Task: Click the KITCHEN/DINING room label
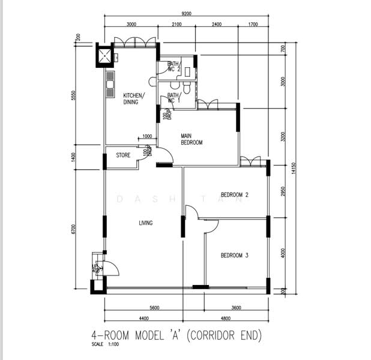pyautogui.click(x=133, y=99)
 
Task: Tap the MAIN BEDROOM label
pyautogui.click(x=192, y=139)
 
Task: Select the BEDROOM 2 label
pyautogui.click(x=234, y=195)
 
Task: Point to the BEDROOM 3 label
pyautogui.click(x=234, y=256)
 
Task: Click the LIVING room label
pyautogui.click(x=145, y=223)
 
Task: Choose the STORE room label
pyautogui.click(x=123, y=155)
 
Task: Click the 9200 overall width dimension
pyautogui.click(x=185, y=13)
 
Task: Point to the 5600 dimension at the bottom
pyautogui.click(x=154, y=308)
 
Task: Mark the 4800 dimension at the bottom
pyautogui.click(x=225, y=318)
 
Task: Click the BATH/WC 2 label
pyautogui.click(x=173, y=67)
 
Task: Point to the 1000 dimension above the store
pyautogui.click(x=147, y=137)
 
